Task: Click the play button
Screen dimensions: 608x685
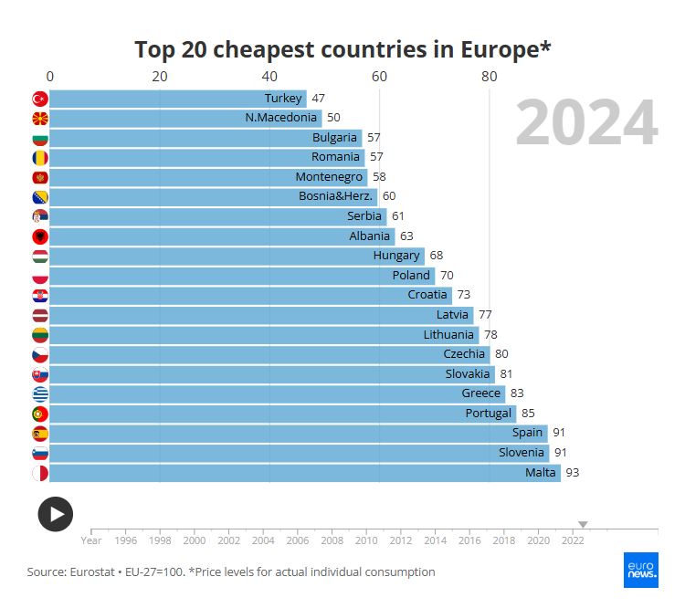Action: click(55, 514)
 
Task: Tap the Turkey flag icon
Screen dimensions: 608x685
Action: click(39, 99)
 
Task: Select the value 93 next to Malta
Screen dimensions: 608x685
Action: click(572, 473)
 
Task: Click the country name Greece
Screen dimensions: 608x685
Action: click(480, 393)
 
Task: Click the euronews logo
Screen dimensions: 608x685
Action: click(641, 570)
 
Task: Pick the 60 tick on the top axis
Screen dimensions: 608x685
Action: click(379, 77)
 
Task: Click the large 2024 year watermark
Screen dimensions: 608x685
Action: click(586, 124)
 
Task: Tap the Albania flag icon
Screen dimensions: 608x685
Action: click(39, 236)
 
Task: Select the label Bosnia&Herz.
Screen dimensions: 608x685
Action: click(333, 196)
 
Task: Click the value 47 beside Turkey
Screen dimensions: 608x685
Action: click(318, 99)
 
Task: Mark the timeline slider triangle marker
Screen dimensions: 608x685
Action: click(583, 524)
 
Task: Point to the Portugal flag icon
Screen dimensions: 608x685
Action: click(39, 414)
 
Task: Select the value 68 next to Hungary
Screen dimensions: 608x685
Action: click(436, 256)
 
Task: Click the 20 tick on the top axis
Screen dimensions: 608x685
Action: click(160, 77)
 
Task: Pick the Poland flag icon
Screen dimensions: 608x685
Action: click(39, 276)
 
